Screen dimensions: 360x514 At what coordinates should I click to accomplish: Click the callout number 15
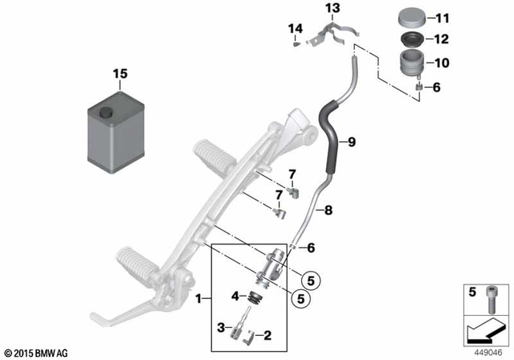point(120,75)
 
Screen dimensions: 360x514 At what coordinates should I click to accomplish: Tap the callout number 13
point(332,8)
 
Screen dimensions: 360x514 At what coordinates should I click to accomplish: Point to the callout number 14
point(296,29)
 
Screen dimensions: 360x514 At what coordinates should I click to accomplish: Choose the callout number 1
point(198,299)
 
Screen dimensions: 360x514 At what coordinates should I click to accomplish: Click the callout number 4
point(236,297)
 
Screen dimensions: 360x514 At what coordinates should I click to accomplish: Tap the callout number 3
point(219,326)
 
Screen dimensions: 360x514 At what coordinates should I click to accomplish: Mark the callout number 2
point(267,334)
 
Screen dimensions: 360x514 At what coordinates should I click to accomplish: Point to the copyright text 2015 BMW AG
point(39,353)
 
